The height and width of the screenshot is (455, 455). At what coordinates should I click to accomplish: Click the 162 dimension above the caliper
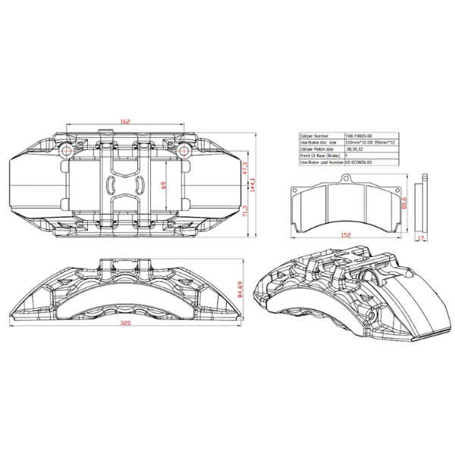click(125, 121)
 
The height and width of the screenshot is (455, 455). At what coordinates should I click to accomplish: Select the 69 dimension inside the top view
click(164, 184)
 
